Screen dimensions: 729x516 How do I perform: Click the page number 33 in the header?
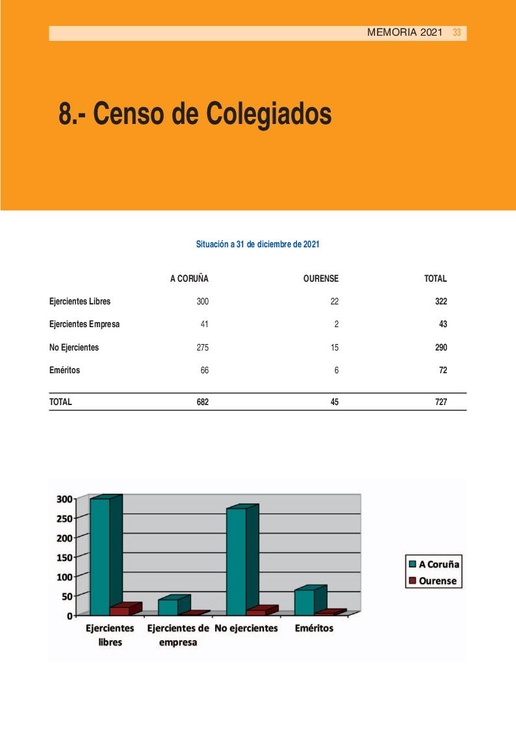[457, 32]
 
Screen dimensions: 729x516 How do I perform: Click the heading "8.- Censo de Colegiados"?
[195, 114]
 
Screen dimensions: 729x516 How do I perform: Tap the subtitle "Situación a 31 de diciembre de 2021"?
[257, 245]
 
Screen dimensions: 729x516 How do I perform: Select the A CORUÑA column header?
[189, 279]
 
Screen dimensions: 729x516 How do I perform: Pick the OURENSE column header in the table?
[320, 279]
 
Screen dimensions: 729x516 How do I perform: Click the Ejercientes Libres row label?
[80, 302]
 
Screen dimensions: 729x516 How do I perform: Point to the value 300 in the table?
[202, 302]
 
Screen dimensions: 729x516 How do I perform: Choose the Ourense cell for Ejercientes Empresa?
[335, 325]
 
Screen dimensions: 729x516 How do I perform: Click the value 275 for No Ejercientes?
[202, 347]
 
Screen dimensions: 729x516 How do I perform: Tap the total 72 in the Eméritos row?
[442, 370]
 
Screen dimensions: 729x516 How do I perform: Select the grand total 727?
[441, 402]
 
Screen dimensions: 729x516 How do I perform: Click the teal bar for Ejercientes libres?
[100, 556]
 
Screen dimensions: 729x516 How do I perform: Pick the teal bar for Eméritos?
[304, 601]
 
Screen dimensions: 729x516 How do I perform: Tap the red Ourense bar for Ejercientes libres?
[120, 610]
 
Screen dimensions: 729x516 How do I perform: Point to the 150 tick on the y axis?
[64, 557]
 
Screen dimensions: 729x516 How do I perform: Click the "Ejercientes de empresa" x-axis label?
[179, 636]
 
